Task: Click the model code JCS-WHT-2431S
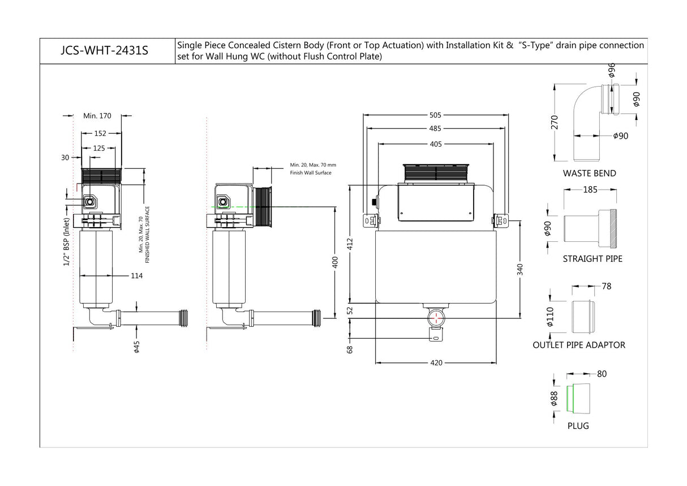104,50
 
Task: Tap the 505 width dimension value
435,115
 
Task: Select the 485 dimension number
435,129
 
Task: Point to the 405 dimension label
436,144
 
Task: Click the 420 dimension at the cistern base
436,363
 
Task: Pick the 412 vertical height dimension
350,244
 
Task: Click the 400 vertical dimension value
335,262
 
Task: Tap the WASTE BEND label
589,173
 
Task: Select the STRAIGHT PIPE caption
592,259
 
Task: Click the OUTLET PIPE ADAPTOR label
579,345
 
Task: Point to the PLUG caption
578,426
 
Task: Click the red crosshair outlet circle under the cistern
436,318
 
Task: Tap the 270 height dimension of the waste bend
555,122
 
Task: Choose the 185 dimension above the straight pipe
590,190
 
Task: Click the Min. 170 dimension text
97,116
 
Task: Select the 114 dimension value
136,276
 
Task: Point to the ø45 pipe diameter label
137,347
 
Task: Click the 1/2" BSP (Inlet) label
66,242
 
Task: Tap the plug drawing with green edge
578,398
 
